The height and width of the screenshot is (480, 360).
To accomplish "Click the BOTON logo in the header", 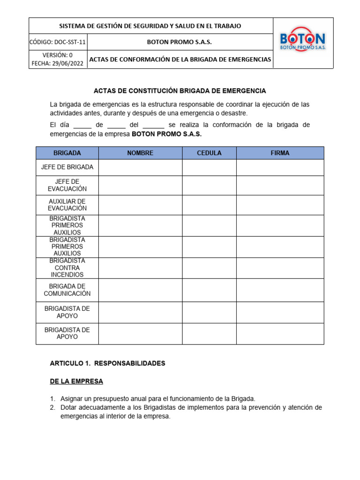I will tap(302, 42).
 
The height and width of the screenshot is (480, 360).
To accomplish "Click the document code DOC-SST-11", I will tap(69, 42).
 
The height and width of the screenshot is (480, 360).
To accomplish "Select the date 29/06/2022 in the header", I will tap(68, 63).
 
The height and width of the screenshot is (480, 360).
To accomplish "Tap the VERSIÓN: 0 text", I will tap(58, 55).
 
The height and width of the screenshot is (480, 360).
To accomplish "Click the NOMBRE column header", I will tap(140, 153).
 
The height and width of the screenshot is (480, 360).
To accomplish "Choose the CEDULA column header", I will tap(209, 153).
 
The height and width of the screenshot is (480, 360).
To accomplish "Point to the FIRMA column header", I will tap(280, 153).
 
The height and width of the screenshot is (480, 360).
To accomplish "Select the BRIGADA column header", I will tap(67, 153).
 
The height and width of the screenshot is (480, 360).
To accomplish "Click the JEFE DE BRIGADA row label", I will tap(67, 167).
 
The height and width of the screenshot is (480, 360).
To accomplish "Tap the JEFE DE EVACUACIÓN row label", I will tap(67, 185).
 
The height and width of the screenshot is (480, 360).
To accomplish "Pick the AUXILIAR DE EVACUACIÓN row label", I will tap(67, 205).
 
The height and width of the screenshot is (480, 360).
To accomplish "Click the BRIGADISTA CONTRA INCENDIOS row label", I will tap(67, 268).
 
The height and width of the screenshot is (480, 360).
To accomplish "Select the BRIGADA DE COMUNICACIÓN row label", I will tap(67, 290).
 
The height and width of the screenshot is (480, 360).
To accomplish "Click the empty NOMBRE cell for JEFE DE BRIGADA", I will tap(140, 167).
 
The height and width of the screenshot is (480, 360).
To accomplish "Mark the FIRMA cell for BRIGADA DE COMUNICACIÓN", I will tap(280, 290).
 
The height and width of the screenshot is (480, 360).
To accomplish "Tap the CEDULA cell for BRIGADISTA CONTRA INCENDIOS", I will tap(209, 268).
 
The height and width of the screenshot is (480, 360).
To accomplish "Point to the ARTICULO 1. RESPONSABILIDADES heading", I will tap(107, 363).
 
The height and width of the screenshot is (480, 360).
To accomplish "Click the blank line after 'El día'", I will tap(82, 126).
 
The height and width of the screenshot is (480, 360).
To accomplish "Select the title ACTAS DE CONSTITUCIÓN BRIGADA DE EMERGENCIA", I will tap(180, 90).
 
